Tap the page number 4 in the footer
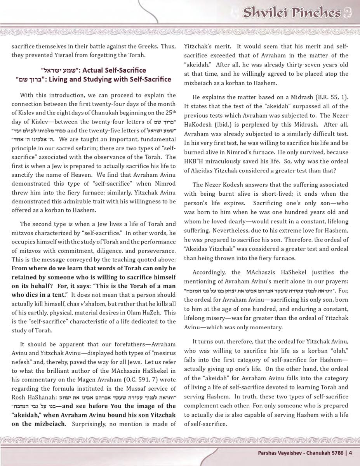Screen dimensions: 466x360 click(x=350, y=452)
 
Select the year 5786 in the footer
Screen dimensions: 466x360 click(x=337, y=452)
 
